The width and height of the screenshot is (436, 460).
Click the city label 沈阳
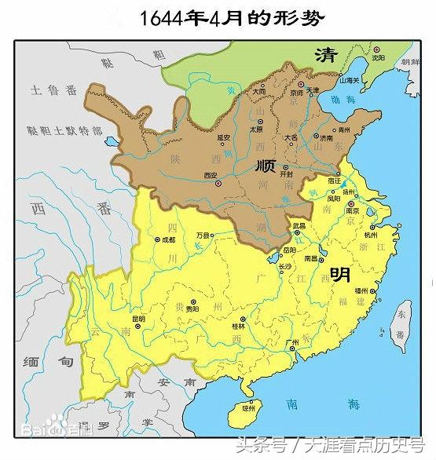point(378,57)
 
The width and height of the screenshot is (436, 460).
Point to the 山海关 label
point(350,80)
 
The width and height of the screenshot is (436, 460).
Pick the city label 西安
point(211,175)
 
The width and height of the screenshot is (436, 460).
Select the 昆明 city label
point(138,318)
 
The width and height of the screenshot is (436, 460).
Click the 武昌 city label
point(298,225)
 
